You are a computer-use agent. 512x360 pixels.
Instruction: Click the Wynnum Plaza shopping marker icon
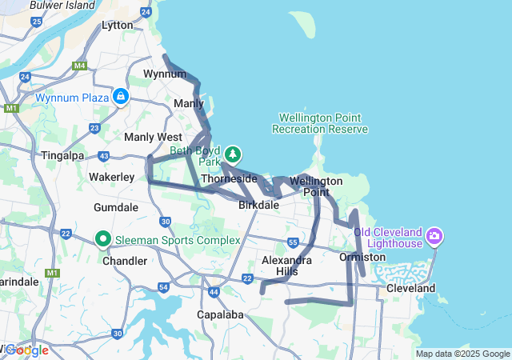click(120, 97)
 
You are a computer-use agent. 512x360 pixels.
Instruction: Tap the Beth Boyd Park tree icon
click(233, 152)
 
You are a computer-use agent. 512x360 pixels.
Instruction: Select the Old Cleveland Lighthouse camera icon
click(434, 235)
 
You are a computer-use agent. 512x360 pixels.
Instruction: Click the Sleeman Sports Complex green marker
click(103, 238)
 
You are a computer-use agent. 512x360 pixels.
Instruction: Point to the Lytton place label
click(118, 26)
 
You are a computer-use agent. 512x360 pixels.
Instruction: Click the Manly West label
click(153, 137)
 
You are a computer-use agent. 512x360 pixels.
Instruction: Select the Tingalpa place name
click(62, 155)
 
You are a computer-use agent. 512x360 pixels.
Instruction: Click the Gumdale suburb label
click(116, 207)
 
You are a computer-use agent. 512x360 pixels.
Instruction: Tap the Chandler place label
click(125, 261)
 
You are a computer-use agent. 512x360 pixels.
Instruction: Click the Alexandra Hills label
click(287, 266)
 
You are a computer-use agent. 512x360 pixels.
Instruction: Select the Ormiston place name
click(362, 257)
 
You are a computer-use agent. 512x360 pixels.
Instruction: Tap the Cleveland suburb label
click(410, 288)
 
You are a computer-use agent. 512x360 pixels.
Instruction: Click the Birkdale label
click(259, 205)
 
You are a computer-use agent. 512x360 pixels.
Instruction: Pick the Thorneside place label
click(229, 178)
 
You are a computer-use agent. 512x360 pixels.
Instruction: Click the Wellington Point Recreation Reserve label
click(320, 123)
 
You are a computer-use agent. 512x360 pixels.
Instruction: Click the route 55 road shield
click(294, 242)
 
